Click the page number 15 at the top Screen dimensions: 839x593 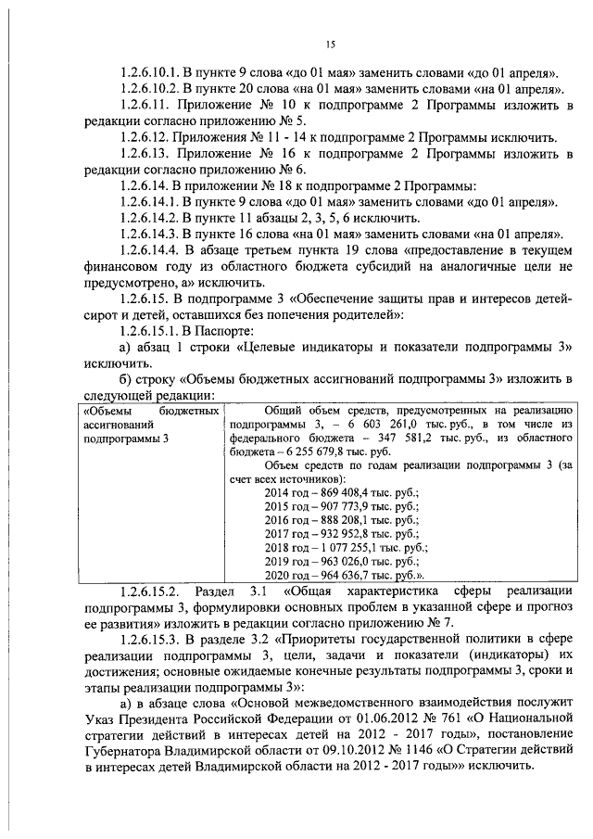[x=329, y=44]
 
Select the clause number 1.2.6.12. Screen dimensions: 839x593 [x=152, y=136]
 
